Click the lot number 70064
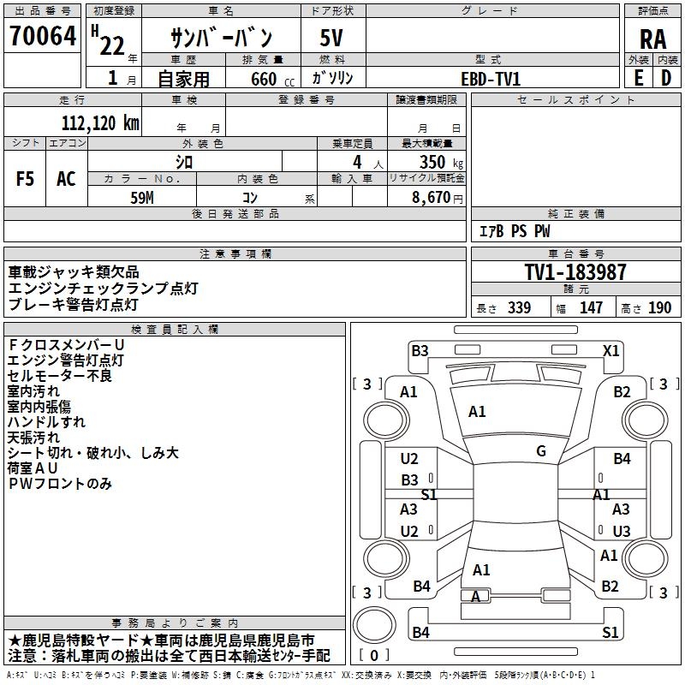(42, 36)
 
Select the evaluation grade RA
(652, 39)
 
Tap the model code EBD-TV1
(491, 79)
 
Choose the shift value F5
(25, 178)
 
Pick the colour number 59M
(142, 196)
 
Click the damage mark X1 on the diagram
(611, 350)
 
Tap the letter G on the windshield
(541, 451)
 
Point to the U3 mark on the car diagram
(622, 531)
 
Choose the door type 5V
(333, 38)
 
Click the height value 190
(659, 308)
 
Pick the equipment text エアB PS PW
(514, 231)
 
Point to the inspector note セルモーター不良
(59, 375)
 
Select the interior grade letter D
(665, 78)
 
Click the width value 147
(591, 308)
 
